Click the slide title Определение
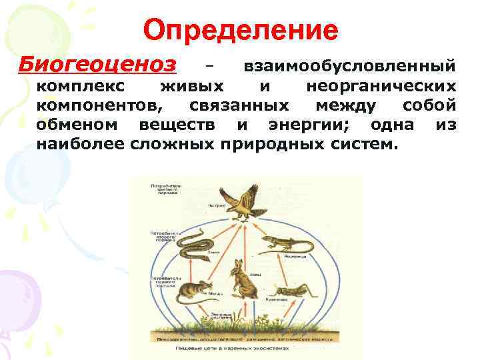tap(241, 31)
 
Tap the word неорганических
tap(381, 86)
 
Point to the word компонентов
tap(98, 105)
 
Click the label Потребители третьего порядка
tap(163, 186)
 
